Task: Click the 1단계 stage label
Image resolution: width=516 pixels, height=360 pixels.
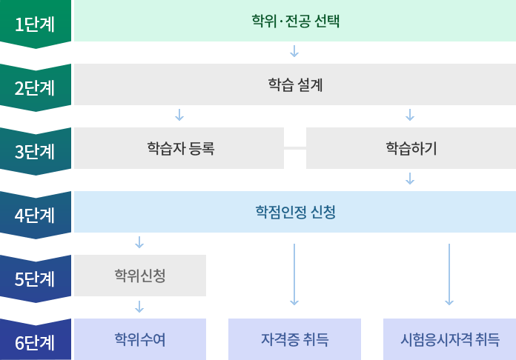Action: pyautogui.click(x=35, y=21)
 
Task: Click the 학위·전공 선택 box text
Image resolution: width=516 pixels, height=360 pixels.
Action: pyautogui.click(x=295, y=21)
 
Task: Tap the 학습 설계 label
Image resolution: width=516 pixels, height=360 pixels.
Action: pyautogui.click(x=295, y=84)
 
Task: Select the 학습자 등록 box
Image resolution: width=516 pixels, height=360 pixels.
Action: pyautogui.click(x=179, y=148)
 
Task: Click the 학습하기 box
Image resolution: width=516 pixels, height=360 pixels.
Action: pyautogui.click(x=411, y=148)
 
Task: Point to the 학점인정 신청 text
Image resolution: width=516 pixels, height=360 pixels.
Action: pyautogui.click(x=295, y=213)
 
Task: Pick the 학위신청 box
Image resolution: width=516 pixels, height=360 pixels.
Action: pyautogui.click(x=140, y=276)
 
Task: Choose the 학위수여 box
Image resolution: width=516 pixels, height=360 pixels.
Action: pyautogui.click(x=140, y=339)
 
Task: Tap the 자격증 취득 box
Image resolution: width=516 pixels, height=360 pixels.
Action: pyautogui.click(x=295, y=339)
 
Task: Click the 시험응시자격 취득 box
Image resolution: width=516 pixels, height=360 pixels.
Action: pyautogui.click(x=449, y=339)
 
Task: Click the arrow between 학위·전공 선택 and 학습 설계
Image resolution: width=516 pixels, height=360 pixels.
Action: pyautogui.click(x=295, y=51)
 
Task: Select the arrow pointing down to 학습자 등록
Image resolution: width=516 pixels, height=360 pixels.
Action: pyautogui.click(x=179, y=115)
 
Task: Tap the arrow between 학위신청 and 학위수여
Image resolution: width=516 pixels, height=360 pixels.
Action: pyautogui.click(x=140, y=307)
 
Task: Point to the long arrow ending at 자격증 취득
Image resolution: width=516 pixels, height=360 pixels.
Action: pyautogui.click(x=295, y=274)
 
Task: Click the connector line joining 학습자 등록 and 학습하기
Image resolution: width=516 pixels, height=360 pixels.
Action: pyautogui.click(x=295, y=148)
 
